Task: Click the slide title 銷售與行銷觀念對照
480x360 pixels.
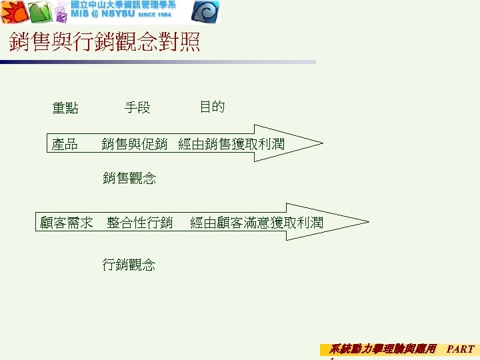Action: click(x=105, y=44)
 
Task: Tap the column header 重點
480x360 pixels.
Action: click(x=65, y=108)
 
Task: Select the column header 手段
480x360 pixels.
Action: click(x=137, y=107)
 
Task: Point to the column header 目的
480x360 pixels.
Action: click(x=212, y=107)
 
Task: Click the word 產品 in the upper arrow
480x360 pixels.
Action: click(x=65, y=144)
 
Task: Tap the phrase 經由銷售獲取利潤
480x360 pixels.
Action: click(x=231, y=144)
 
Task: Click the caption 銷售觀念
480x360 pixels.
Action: click(x=129, y=178)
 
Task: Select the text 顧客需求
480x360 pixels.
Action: click(x=66, y=223)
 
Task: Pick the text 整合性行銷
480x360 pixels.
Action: click(x=140, y=223)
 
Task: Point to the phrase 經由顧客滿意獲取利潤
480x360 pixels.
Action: click(x=257, y=223)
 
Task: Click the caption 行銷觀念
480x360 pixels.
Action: click(x=129, y=265)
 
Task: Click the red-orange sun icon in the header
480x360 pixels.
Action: click(x=13, y=12)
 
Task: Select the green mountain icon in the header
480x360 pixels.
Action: click(x=39, y=12)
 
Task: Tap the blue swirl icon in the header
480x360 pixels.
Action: click(x=207, y=12)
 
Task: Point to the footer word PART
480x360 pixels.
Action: click(x=460, y=349)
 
